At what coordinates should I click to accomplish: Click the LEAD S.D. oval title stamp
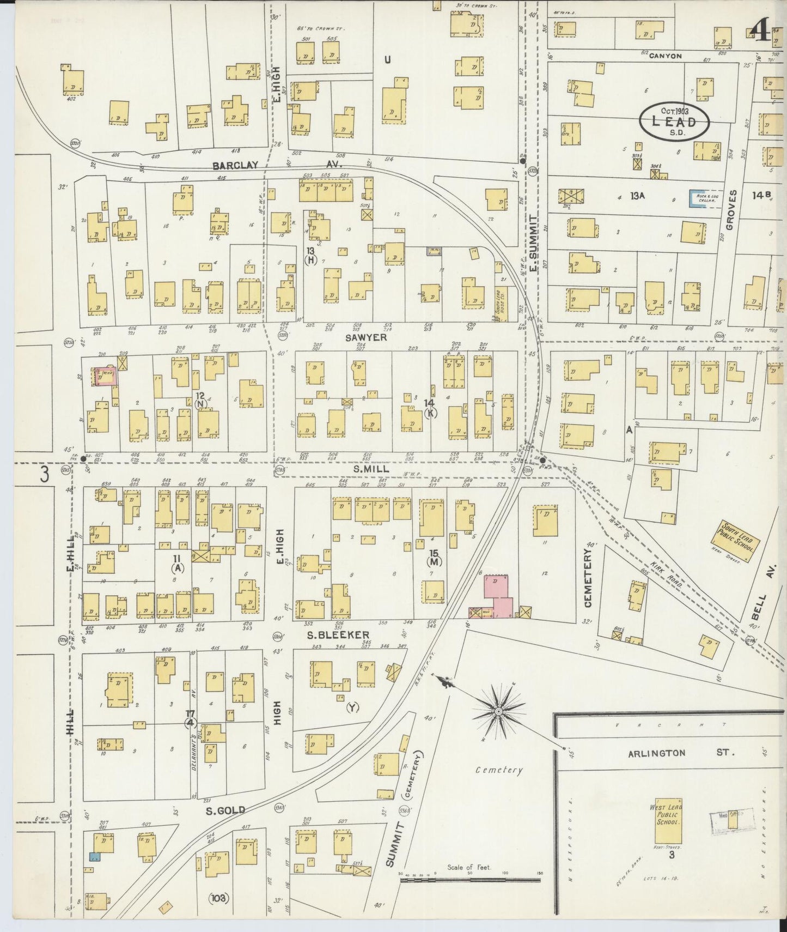click(x=674, y=122)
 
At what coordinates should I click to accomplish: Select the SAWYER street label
click(x=365, y=337)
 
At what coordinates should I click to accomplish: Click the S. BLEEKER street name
click(x=338, y=634)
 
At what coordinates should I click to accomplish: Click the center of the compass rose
click(x=498, y=712)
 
